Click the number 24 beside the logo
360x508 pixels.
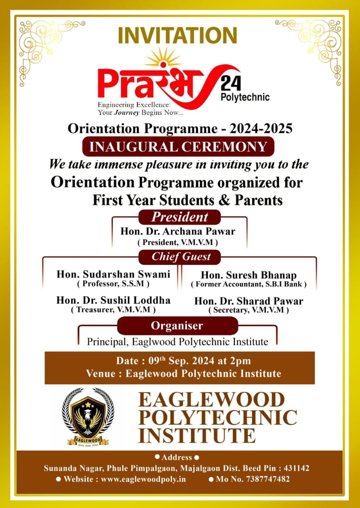pos(231,84)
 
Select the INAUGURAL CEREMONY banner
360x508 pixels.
pos(178,146)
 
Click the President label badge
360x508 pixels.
pos(179,217)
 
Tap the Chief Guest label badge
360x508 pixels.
pos(181,257)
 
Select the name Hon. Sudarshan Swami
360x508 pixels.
pos(113,274)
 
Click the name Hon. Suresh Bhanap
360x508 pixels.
pos(248,275)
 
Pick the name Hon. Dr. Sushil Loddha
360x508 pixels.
pos(113,300)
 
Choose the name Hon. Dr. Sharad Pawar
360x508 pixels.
pos(248,301)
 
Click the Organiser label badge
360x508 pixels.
pos(177,326)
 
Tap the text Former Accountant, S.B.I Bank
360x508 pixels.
pos(248,284)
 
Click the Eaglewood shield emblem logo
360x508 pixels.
pos(88,416)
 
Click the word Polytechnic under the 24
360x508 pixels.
pos(244,97)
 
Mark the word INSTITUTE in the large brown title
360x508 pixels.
pos(197,435)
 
